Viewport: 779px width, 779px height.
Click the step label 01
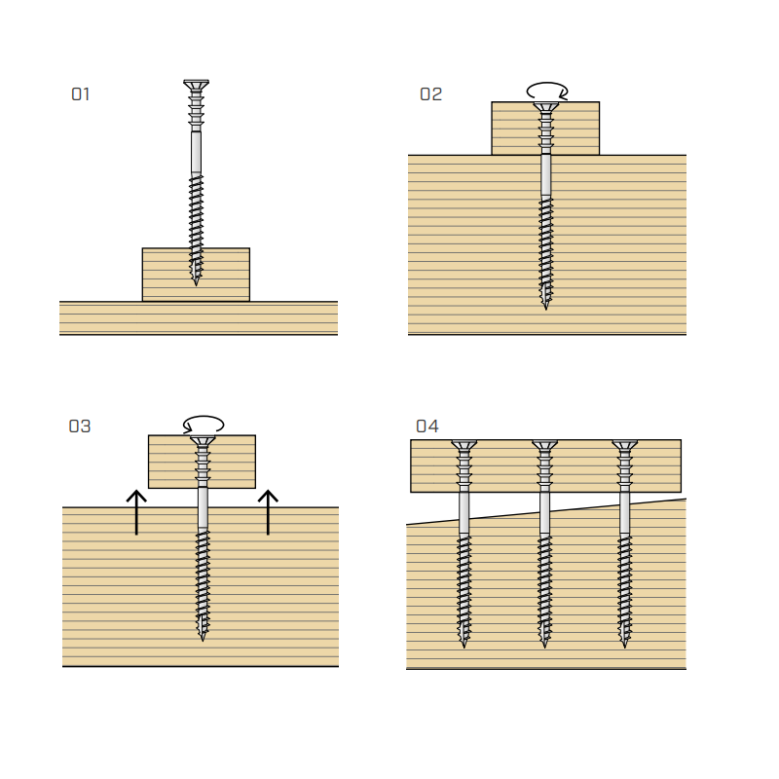tap(81, 94)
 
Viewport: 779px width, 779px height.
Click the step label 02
tap(430, 94)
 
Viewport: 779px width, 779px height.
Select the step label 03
tap(80, 427)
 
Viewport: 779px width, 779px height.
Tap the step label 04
tap(427, 427)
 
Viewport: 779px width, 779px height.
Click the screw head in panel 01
tap(197, 85)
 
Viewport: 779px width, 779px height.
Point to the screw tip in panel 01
tap(196, 285)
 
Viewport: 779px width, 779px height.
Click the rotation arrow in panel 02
tap(547, 91)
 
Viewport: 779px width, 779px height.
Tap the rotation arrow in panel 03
tap(204, 424)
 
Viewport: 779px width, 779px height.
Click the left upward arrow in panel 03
tap(136, 512)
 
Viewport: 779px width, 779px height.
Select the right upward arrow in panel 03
tap(269, 512)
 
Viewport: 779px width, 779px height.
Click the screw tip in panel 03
tap(203, 641)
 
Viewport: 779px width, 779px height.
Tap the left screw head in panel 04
tap(464, 445)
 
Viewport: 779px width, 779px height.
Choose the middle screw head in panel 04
tap(544, 445)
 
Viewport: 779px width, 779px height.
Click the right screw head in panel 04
tap(624, 445)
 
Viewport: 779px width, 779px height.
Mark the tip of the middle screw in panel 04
tap(544, 648)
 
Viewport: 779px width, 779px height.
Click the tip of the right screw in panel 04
tap(624, 648)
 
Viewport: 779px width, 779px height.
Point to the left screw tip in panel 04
tap(464, 648)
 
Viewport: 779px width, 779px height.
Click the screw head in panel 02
tap(546, 107)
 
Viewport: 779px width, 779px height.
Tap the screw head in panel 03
tap(203, 440)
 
